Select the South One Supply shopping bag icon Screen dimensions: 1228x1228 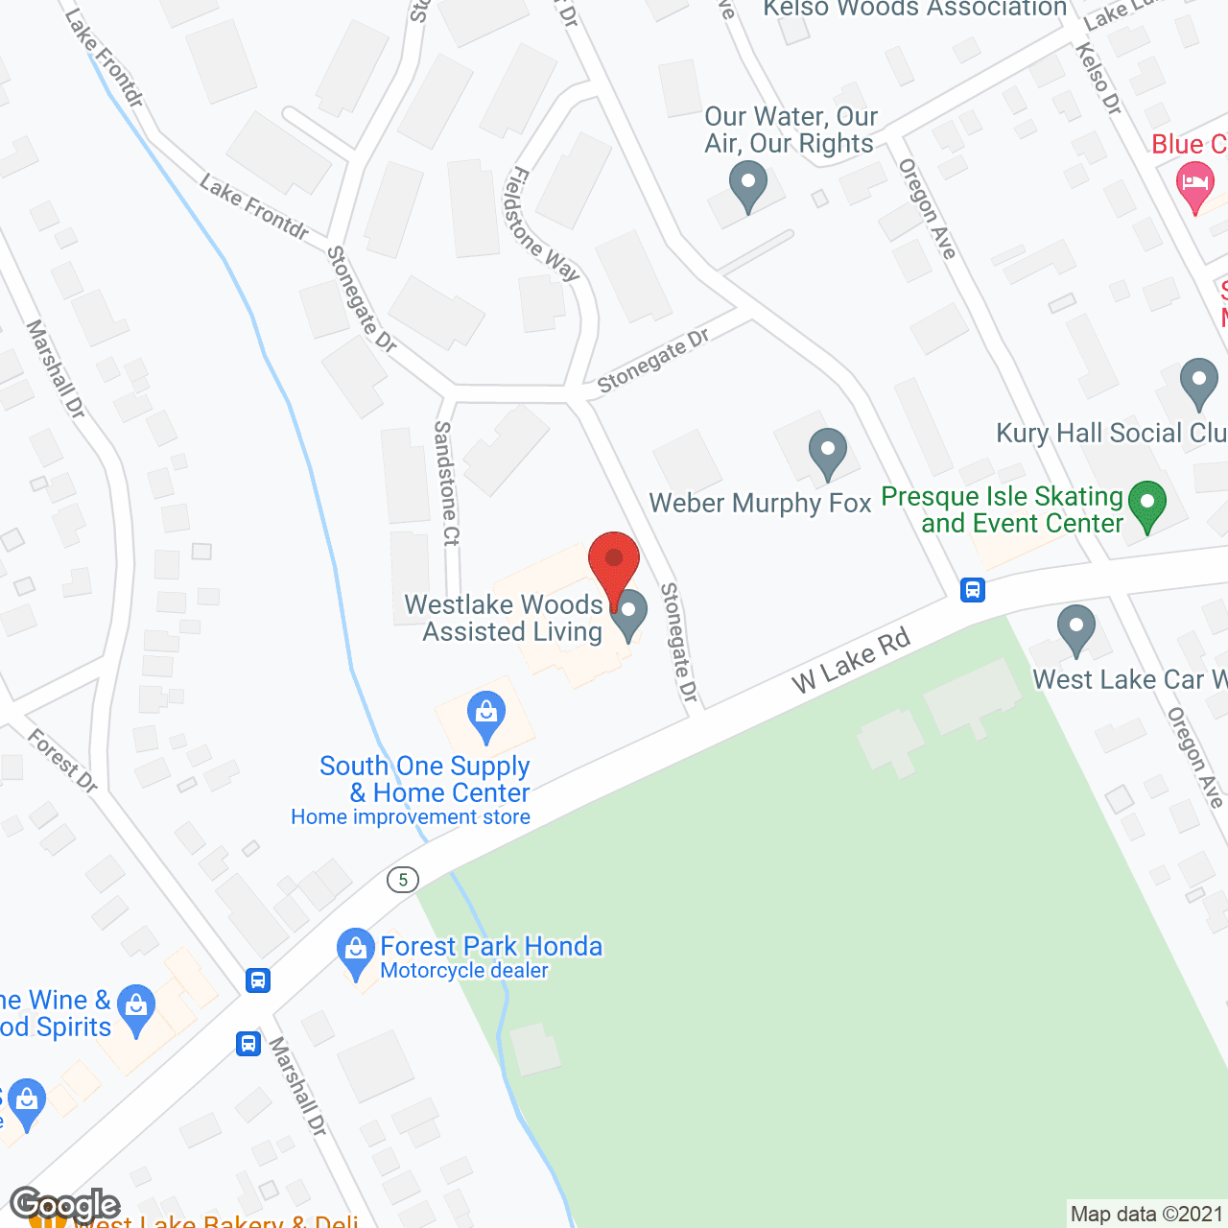click(x=486, y=716)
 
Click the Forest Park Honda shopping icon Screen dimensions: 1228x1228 click(x=356, y=952)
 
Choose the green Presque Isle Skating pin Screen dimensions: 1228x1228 click(x=1146, y=505)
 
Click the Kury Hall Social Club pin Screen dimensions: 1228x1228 click(x=1198, y=381)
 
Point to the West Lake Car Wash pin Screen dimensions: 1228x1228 click(x=1075, y=628)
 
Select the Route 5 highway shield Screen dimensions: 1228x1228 click(x=403, y=879)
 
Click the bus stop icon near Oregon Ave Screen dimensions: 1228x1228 click(x=973, y=589)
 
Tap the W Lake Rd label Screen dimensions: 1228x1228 click(x=851, y=661)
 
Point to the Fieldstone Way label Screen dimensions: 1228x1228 click(x=543, y=224)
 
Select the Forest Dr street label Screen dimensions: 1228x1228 click(x=63, y=761)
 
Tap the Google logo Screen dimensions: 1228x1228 click(x=65, y=1205)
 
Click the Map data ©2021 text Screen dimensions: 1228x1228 click(x=1146, y=1214)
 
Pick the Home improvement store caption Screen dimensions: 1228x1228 click(x=411, y=817)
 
